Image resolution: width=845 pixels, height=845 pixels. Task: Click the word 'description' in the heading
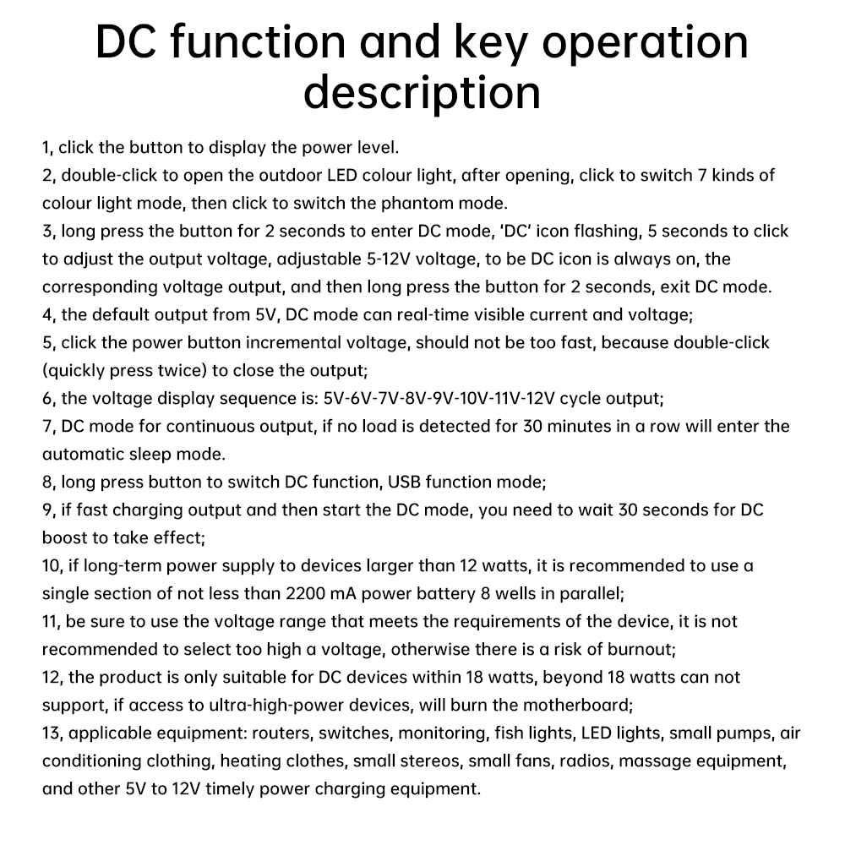[422, 91]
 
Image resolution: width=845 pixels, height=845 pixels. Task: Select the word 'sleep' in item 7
[154, 454]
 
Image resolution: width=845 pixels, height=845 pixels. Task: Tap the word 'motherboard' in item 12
[576, 705]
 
